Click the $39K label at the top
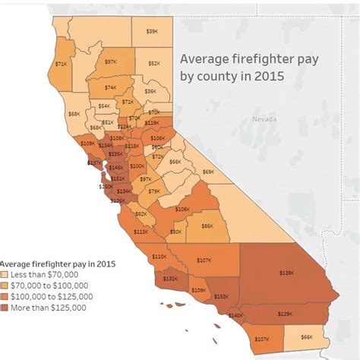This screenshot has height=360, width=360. coord(152,31)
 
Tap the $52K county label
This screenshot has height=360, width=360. coord(154,64)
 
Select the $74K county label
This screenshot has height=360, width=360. coord(111,88)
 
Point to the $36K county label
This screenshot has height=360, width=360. coord(150,90)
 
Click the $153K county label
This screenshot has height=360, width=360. coord(221,296)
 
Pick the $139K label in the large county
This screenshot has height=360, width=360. coord(286,271)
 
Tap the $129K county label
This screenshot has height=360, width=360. coord(285,314)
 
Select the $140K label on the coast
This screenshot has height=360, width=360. coord(236,314)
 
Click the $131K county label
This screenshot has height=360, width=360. coord(170,279)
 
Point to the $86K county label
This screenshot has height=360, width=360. coord(207,226)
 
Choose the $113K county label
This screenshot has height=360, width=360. coord(141,232)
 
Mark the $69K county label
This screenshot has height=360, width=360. coord(208,172)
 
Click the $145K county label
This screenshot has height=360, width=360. coord(116,167)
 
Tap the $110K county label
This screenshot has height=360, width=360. coord(159,257)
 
